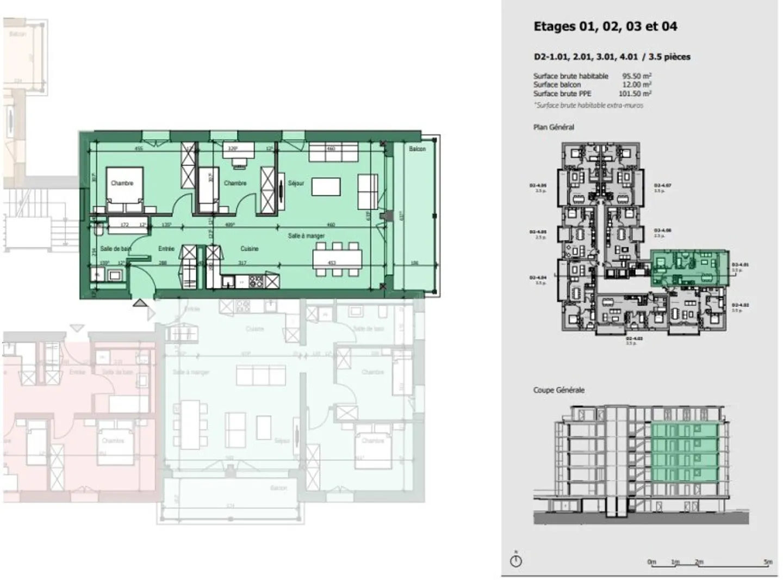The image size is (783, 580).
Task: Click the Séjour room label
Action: coord(296,183)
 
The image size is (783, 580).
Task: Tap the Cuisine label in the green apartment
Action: coord(249,249)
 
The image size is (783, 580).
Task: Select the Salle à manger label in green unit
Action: coord(306,236)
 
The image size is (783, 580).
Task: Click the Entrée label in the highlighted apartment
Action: coord(166,249)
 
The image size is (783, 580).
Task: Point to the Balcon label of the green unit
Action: coord(417,149)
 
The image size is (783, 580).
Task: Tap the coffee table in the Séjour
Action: coord(326,187)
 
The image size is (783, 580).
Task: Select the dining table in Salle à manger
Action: coord(337,256)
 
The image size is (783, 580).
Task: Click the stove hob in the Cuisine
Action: coord(256,281)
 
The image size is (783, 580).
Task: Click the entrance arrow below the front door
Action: coord(140,304)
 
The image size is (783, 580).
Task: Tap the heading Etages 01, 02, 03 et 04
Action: coord(605,27)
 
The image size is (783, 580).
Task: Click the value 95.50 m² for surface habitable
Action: coord(637,76)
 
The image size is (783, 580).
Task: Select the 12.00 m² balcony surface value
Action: coord(637,85)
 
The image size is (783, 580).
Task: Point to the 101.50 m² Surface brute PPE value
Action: coord(635,94)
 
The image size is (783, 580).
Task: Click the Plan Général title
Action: coord(554,127)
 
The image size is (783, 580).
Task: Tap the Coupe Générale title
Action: coord(558,390)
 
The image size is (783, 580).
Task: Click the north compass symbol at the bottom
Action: coord(516,560)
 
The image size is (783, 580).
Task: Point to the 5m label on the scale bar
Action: coord(767,562)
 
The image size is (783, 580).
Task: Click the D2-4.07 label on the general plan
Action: coord(662,186)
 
